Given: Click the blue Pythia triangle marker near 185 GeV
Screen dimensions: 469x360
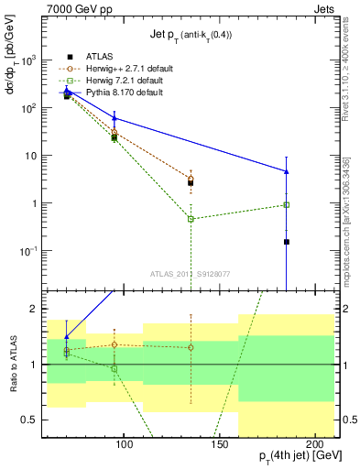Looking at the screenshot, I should pyautogui.click(x=287, y=171).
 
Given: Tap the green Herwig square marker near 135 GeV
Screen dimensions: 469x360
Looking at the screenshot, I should pyautogui.click(x=191, y=219).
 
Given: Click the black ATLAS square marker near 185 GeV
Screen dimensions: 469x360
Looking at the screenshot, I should pyautogui.click(x=287, y=242).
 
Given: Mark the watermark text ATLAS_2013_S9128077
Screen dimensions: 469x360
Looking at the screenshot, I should pyautogui.click(x=191, y=273).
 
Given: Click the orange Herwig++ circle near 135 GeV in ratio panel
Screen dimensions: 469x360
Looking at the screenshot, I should pyautogui.click(x=191, y=347).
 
